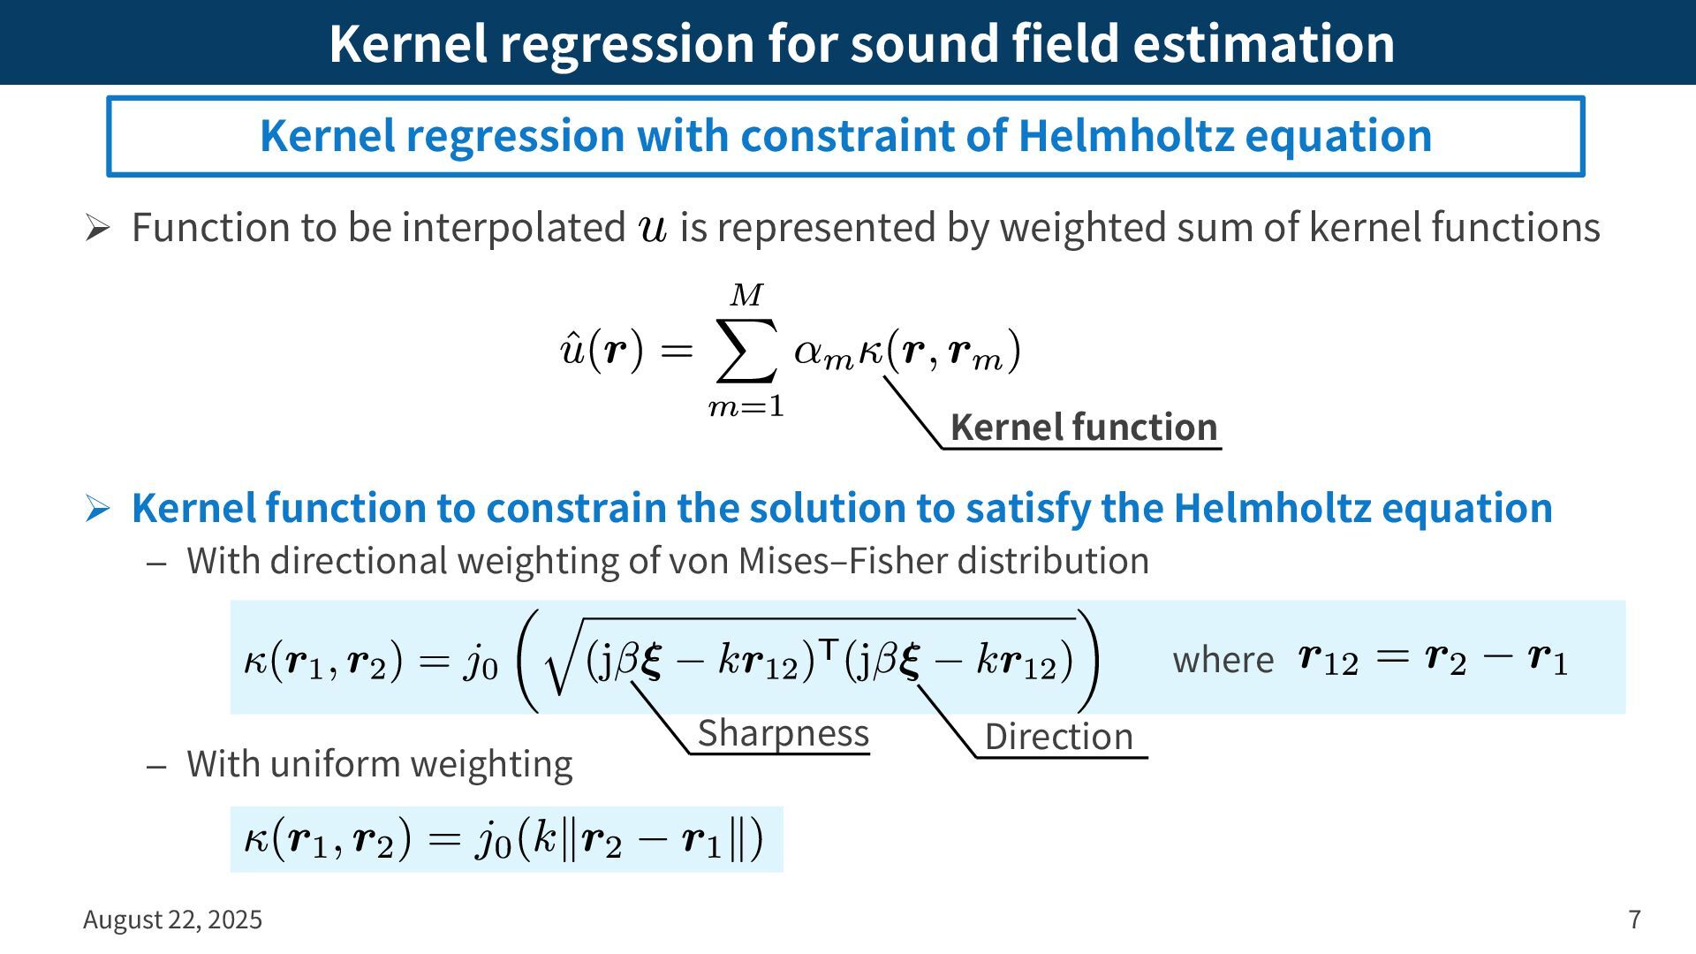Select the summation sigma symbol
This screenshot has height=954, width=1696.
(746, 352)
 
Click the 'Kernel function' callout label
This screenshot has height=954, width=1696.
(1084, 428)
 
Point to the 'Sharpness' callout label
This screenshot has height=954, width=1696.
(784, 733)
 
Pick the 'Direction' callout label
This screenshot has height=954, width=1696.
(1058, 736)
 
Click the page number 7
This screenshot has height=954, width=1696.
(1635, 920)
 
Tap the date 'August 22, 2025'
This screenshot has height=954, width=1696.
(172, 920)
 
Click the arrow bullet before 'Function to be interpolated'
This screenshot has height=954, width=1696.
(97, 229)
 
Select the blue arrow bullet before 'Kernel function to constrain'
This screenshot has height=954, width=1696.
(97, 509)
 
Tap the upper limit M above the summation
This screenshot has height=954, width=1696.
(746, 295)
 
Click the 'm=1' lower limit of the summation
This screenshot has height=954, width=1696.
(746, 406)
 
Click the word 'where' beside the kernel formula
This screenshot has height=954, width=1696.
(1223, 660)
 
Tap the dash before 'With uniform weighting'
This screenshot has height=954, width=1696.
(157, 765)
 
